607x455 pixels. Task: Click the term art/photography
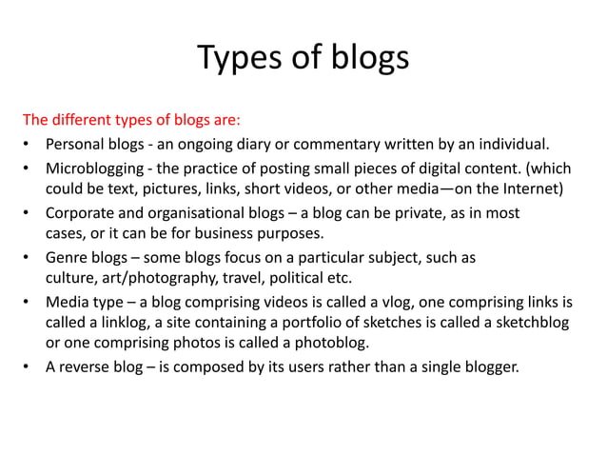click(x=154, y=278)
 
